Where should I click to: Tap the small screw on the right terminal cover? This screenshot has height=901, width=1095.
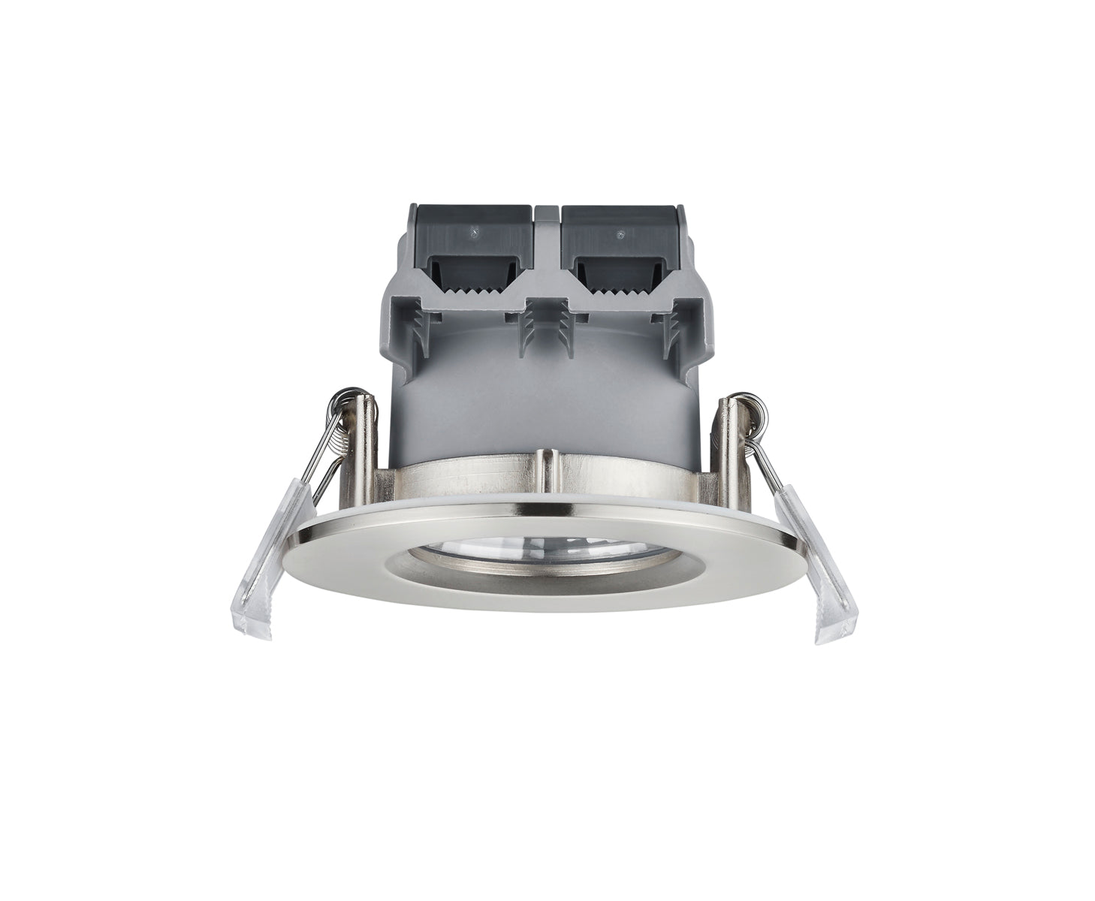coord(620,234)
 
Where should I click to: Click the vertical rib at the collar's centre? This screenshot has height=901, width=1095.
coord(548,470)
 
